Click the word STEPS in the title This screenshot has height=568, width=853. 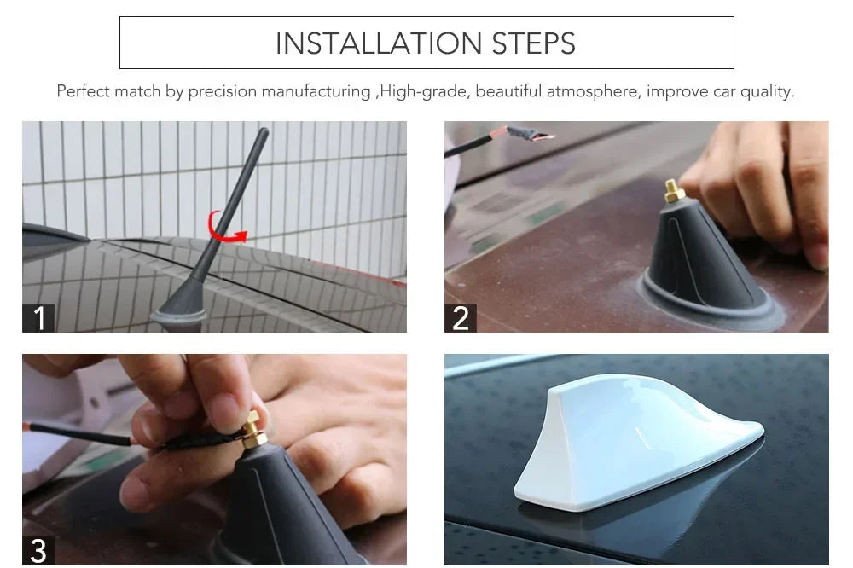[x=533, y=43]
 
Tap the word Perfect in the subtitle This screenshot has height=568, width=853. [x=84, y=91]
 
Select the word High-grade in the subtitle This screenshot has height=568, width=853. [x=422, y=91]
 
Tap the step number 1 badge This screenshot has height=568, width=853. [x=38, y=318]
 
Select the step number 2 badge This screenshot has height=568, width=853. [x=461, y=318]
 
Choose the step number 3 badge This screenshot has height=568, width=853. [x=38, y=550]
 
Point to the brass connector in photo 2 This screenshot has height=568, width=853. [x=674, y=191]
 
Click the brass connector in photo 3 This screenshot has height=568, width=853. [x=253, y=432]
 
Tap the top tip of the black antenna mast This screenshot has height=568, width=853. [x=264, y=132]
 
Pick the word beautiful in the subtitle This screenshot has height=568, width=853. [x=508, y=91]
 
